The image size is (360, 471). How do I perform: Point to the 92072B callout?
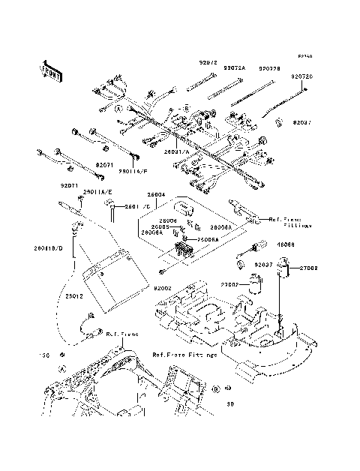tap(270, 68)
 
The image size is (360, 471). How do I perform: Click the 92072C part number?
tap(302, 77)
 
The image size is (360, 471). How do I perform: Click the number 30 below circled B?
tap(231, 404)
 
